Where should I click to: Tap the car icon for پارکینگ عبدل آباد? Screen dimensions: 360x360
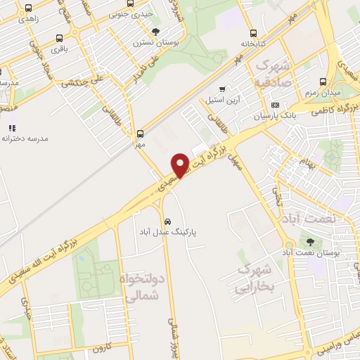164,218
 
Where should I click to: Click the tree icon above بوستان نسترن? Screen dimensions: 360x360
155,32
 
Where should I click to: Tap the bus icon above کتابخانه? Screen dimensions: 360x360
253,32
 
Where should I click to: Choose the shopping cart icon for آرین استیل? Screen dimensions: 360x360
223,89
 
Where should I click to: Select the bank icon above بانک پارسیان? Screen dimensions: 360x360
274,105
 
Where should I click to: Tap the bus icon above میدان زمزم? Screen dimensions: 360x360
323,82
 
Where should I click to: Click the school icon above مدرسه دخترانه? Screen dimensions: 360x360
12,128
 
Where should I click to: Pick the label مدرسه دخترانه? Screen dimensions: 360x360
25,139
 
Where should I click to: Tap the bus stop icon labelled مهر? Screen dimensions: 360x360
140,132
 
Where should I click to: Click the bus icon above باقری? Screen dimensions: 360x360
59,39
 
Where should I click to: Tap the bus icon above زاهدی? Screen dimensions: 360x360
27,8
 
